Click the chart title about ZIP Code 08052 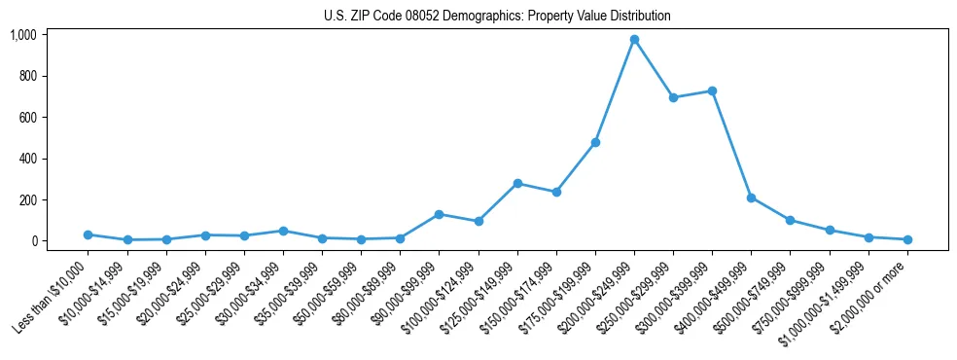click(x=497, y=16)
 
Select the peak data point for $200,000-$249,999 click(x=634, y=40)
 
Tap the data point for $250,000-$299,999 click(x=673, y=97)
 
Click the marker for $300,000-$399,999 click(x=712, y=90)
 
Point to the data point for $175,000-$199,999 click(x=595, y=142)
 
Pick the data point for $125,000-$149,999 click(x=517, y=183)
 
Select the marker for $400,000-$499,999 click(x=751, y=198)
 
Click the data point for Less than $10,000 click(x=89, y=234)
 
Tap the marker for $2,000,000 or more click(x=907, y=239)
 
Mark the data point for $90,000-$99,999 click(x=440, y=214)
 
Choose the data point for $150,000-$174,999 click(x=556, y=192)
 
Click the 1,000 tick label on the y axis click(x=23, y=35)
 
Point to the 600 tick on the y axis click(x=27, y=118)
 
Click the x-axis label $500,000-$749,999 click(x=755, y=297)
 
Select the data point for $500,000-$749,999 click(x=790, y=220)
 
